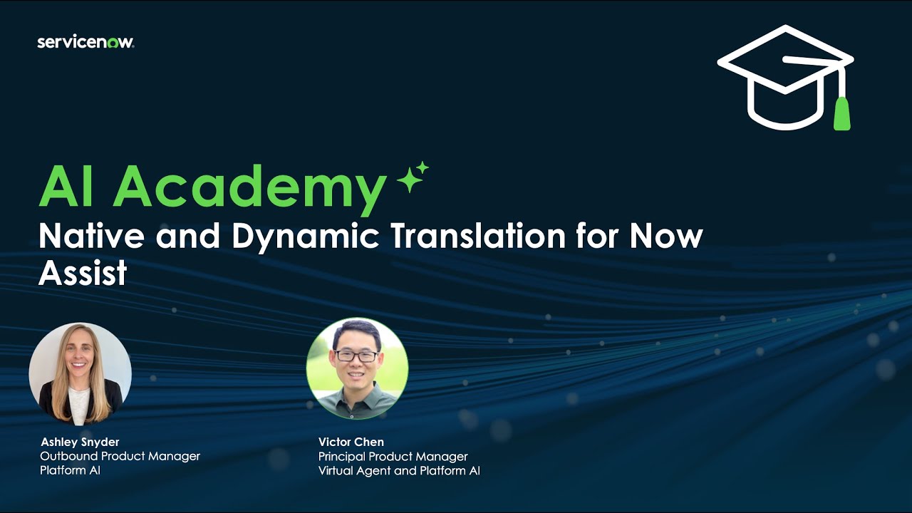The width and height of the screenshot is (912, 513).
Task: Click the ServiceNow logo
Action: (x=85, y=42)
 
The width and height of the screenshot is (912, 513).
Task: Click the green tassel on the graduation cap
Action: (x=842, y=114)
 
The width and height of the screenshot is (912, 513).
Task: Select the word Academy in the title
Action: (x=249, y=187)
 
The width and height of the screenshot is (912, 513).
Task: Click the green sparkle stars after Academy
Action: (x=413, y=177)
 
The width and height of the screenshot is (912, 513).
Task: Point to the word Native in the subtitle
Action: (x=91, y=236)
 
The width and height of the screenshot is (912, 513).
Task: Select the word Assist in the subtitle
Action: (x=83, y=273)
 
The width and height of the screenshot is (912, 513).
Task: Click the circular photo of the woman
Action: (x=80, y=374)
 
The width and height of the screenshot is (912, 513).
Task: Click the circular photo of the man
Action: (x=357, y=368)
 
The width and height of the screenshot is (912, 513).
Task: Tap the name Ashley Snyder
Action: (x=80, y=442)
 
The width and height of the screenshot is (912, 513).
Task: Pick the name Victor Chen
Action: (x=351, y=442)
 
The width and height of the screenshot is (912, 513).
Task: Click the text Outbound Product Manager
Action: (x=120, y=456)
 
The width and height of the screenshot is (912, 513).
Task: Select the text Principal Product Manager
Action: (x=393, y=456)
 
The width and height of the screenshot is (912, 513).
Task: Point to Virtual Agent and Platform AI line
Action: (x=399, y=470)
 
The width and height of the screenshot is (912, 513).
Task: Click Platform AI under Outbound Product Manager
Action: (x=71, y=470)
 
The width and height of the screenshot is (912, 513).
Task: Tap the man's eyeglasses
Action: (x=357, y=356)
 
